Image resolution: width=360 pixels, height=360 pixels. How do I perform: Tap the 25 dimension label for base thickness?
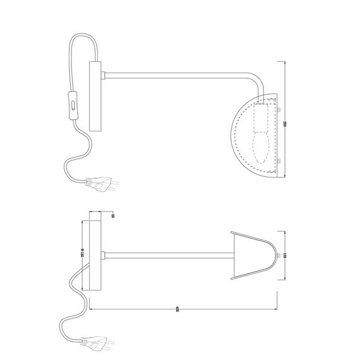coord(112,215)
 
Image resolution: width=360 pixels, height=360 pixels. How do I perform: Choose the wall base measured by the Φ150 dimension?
coord(94,255)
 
